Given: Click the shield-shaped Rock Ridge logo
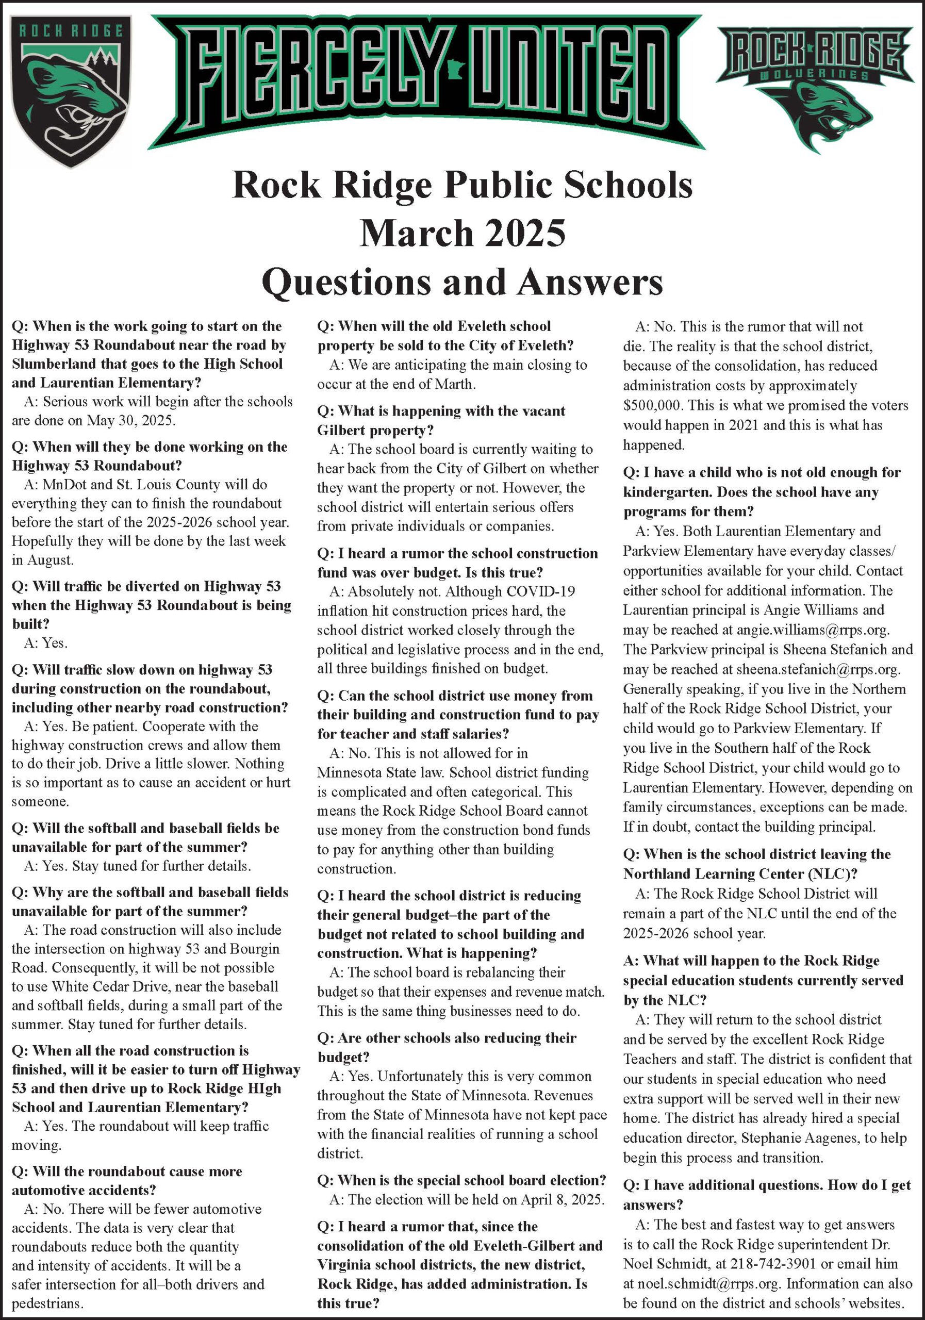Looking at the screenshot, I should coord(71,91).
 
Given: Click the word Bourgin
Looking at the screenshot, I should coord(252,949).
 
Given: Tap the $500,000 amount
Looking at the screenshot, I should coord(652,405).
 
